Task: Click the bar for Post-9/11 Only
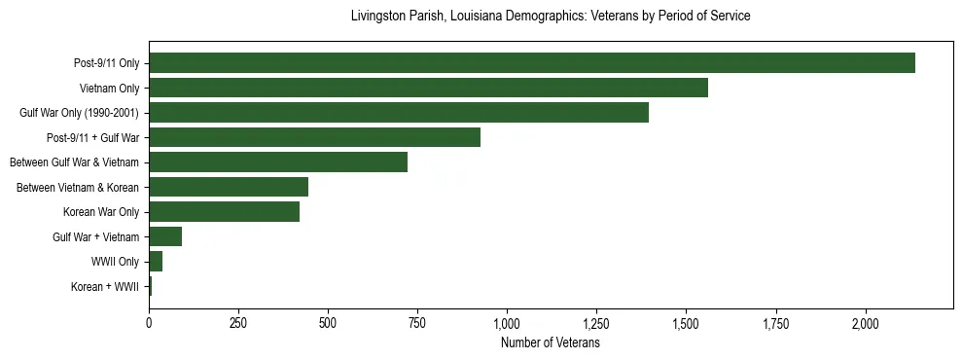[531, 63]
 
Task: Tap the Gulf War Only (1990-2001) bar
[399, 113]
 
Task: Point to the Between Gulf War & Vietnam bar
[278, 162]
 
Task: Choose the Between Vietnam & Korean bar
[229, 187]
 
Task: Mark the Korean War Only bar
[224, 212]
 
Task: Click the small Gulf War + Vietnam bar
[165, 236]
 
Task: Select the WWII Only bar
[156, 262]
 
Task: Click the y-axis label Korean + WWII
[105, 287]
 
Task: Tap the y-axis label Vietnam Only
[109, 89]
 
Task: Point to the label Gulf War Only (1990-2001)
[79, 113]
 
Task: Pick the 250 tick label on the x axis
[238, 323]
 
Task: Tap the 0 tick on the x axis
[149, 323]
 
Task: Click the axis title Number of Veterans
[550, 342]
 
